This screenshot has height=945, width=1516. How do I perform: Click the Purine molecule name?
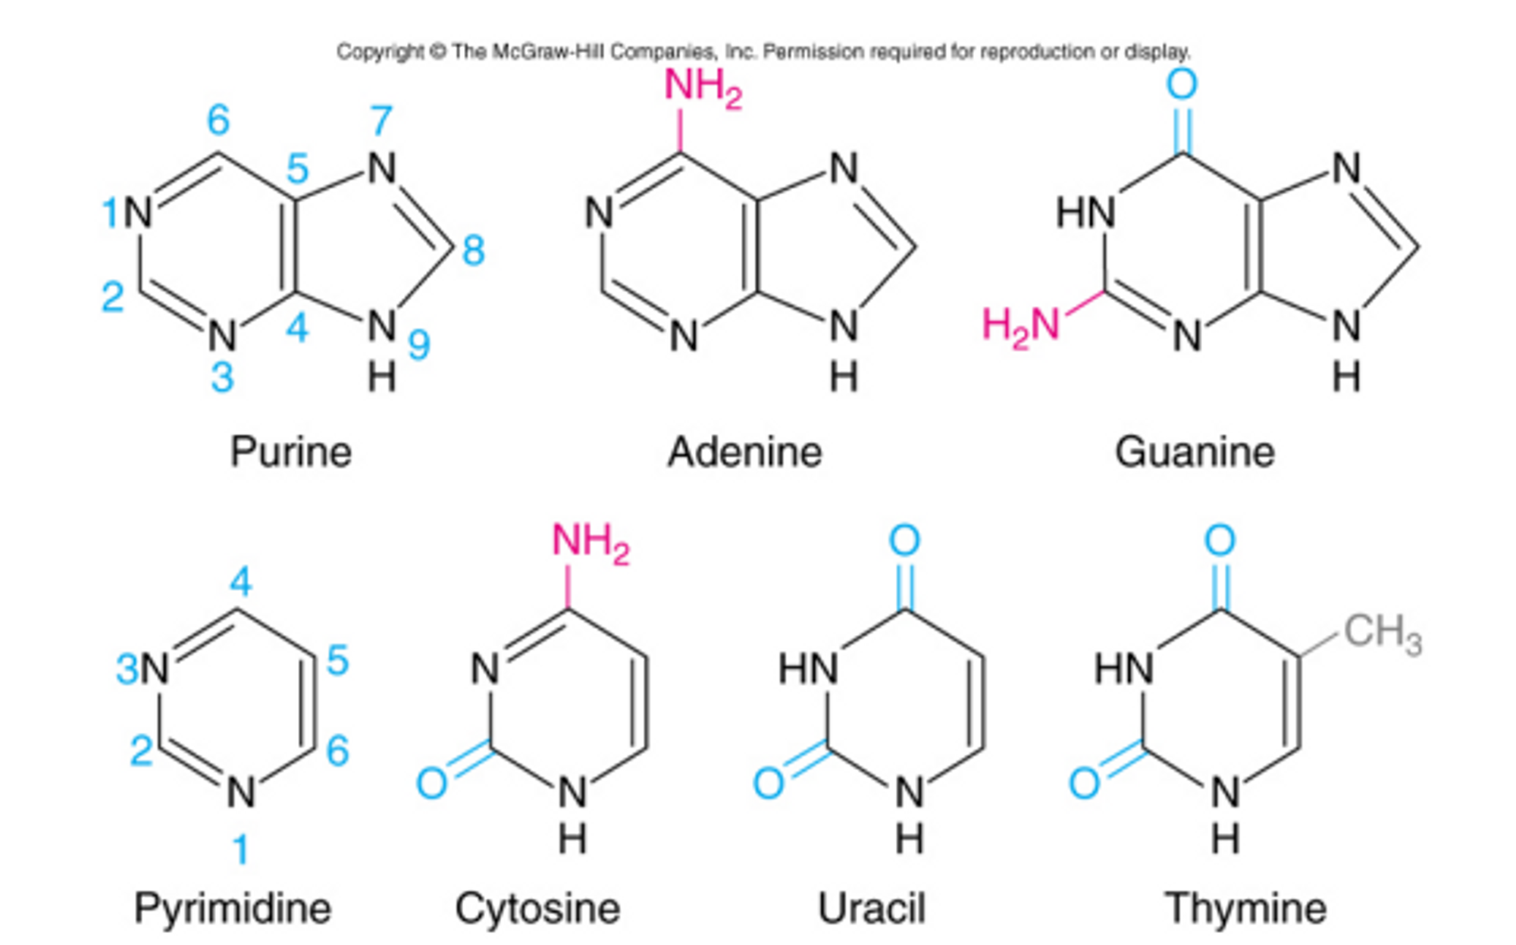290,452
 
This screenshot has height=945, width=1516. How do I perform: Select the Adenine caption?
744,452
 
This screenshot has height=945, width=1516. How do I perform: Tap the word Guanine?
1195,452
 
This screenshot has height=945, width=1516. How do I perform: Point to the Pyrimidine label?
233,908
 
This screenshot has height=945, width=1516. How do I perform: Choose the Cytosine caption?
537,908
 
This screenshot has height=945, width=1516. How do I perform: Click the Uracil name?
872,908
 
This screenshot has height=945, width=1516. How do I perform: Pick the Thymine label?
1245,908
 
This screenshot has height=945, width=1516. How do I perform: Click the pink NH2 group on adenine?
702,86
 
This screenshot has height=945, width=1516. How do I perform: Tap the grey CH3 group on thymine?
1383,633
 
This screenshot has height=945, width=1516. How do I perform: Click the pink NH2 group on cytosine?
590,542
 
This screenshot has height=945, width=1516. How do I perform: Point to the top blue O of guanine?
1182,83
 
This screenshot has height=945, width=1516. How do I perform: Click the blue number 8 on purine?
474,250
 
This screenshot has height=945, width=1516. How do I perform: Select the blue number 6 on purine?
218,120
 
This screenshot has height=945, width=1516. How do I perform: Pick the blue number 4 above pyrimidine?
240,582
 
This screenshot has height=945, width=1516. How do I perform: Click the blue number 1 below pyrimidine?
240,849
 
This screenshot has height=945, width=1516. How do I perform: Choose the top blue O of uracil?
904,540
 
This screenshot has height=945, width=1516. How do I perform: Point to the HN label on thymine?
1123,669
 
